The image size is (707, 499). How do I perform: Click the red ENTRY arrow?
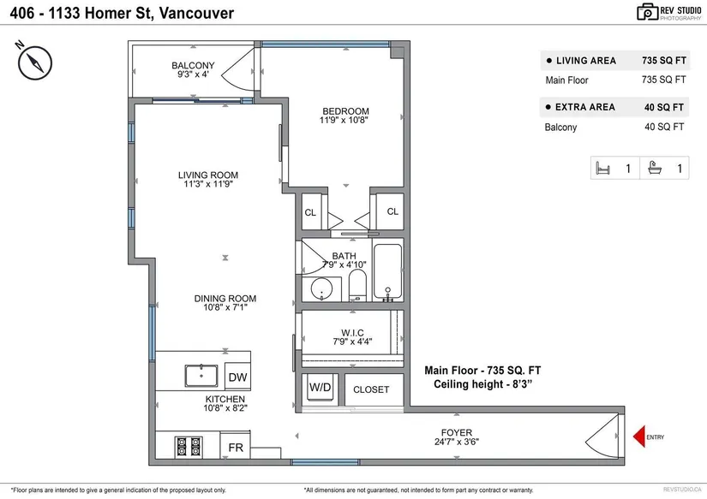pos(639,437)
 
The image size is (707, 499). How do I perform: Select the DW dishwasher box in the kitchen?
pos(237,377)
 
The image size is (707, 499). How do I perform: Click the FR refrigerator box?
pos(236,447)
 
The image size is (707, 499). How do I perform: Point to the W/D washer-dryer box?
pos(321,388)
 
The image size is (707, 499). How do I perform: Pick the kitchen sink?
pos(201,376)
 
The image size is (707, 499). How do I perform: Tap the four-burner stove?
pos(189,447)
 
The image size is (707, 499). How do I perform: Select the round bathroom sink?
pos(321,289)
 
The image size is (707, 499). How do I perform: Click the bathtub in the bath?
pos(387,271)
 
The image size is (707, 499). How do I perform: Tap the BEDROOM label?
pos(345,110)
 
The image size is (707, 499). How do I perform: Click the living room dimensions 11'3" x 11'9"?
pos(208,184)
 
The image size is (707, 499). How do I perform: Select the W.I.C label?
pos(352,333)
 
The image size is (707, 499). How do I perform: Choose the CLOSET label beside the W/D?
pos(370,389)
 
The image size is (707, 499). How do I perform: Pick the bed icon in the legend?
pos(602,169)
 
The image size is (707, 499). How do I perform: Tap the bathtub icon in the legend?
pos(655,168)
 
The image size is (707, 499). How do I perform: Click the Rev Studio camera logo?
pos(648,12)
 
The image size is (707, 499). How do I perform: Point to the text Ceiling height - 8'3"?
pos(483,384)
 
